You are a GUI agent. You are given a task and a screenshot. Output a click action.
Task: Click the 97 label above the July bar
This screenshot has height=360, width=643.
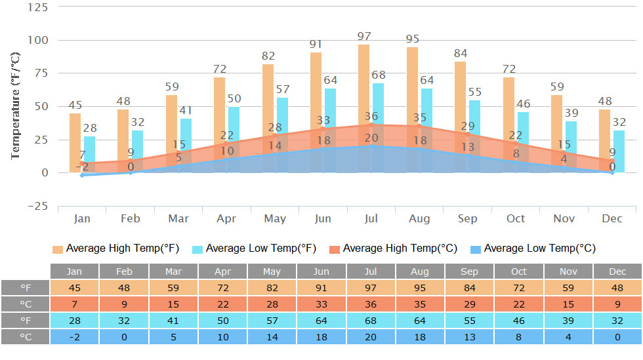(x=363, y=36)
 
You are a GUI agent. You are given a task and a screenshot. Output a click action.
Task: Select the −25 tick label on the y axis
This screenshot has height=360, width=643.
(x=37, y=206)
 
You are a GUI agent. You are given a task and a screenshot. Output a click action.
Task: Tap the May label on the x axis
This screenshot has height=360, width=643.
(x=275, y=218)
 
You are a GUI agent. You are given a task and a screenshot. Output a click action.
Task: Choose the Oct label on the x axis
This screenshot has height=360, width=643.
(x=516, y=218)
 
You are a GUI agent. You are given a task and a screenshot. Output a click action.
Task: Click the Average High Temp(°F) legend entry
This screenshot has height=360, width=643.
(x=116, y=249)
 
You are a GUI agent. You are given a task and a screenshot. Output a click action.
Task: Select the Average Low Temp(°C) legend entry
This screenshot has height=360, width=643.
(x=533, y=249)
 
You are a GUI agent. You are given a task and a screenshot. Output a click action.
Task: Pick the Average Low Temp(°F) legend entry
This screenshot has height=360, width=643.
(x=255, y=249)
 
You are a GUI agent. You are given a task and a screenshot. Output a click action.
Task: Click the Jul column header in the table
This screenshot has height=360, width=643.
(x=371, y=271)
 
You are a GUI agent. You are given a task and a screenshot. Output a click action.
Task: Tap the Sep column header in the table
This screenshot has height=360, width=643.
(x=469, y=271)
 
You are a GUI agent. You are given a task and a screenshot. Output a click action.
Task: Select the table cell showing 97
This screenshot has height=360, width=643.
(x=371, y=288)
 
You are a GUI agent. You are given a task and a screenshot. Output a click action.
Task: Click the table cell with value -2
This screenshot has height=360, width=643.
(x=75, y=336)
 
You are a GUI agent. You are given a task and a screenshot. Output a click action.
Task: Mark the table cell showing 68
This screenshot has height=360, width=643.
(x=371, y=320)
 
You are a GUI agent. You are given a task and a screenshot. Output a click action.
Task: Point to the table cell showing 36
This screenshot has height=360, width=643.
(x=371, y=304)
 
